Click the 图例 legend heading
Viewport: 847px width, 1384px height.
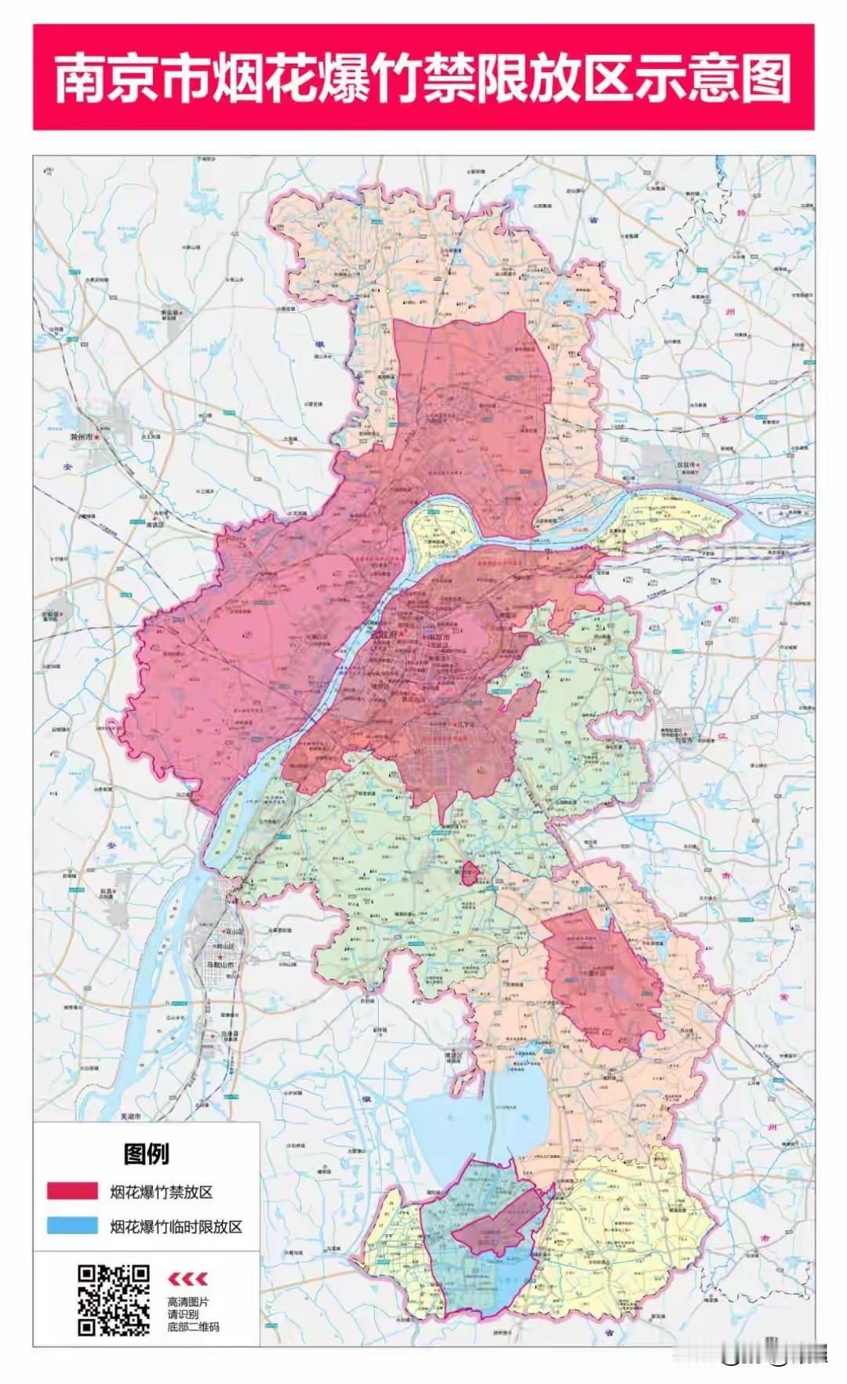[x=146, y=1153]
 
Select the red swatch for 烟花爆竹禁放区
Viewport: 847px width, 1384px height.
[x=72, y=1192]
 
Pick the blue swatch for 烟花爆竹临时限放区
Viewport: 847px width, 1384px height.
[x=72, y=1226]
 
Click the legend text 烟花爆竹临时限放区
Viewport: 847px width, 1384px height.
[x=176, y=1226]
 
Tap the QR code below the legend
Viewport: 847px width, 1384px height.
[x=113, y=1299]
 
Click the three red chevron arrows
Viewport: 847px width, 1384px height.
[x=188, y=1279]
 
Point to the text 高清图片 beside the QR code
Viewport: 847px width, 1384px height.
[x=188, y=1302]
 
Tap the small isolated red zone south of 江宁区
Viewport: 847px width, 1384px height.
[x=470, y=872]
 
